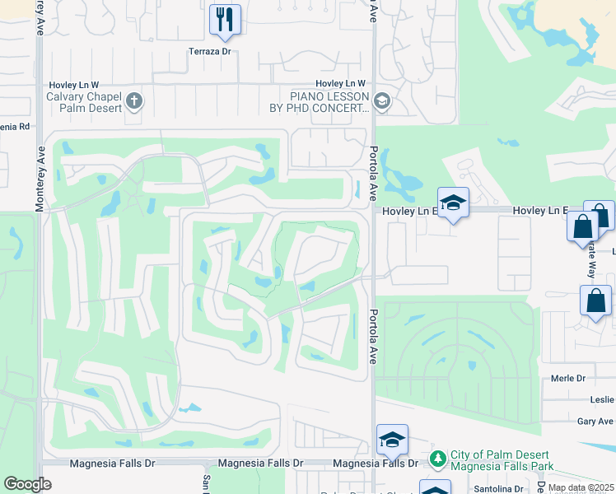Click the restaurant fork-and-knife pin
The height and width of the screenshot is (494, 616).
tap(225, 19)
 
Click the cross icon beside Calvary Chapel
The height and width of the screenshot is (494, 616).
tap(134, 102)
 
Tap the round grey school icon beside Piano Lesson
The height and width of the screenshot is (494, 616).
tap(381, 102)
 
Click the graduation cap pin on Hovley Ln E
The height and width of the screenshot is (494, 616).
tap(452, 203)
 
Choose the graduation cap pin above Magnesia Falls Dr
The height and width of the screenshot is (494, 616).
tap(393, 440)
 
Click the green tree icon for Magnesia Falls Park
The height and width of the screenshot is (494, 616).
tap(438, 458)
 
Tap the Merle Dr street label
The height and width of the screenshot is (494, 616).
tap(568, 379)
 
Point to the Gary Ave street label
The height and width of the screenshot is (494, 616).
tap(595, 422)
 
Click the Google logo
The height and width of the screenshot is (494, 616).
tap(26, 484)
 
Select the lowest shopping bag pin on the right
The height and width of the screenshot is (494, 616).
tap(595, 301)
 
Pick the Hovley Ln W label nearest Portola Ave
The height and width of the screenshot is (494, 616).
tap(340, 84)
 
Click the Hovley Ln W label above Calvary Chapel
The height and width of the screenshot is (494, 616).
tap(74, 84)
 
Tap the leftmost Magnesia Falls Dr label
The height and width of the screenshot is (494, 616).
tap(112, 464)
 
